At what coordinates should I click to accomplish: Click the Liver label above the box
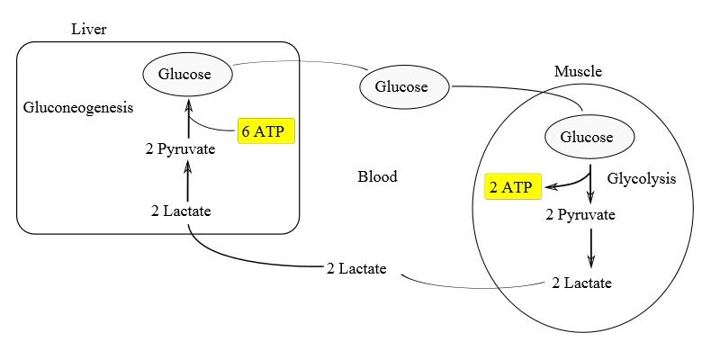pos(89,30)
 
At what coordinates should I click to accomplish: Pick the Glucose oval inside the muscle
pos(590,137)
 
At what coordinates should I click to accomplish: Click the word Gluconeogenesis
pos(78,107)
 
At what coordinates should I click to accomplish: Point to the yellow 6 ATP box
pos(266,131)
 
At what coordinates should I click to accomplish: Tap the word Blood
pos(377,176)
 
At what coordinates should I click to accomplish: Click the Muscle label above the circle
pos(578,71)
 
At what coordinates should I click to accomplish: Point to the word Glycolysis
pos(641,178)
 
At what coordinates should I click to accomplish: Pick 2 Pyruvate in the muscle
pos(581,215)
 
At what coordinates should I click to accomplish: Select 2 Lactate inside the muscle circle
pos(581,283)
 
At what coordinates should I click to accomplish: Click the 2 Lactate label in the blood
pos(356,268)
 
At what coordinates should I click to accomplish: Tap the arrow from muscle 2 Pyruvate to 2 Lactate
pos(590,247)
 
